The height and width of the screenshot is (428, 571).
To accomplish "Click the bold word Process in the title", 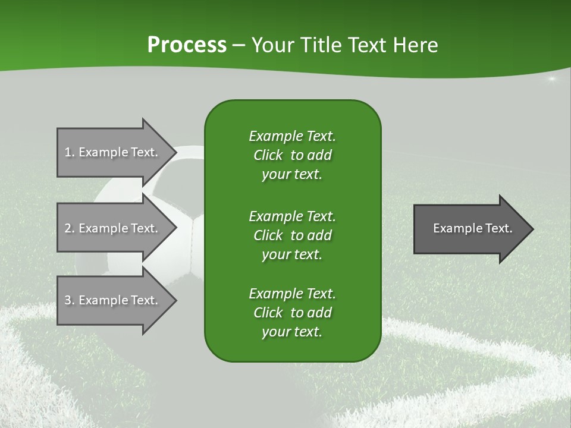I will [x=186, y=45].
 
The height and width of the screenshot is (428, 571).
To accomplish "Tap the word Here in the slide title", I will [x=416, y=45].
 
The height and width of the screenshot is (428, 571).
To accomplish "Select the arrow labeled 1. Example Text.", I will [x=113, y=152].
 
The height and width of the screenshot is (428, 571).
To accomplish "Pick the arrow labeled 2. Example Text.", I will [x=113, y=228].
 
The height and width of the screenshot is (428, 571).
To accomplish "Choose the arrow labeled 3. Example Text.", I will [x=113, y=300].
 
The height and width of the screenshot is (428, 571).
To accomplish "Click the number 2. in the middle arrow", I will [x=69, y=228].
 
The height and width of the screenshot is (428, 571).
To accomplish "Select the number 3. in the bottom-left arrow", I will [x=69, y=300].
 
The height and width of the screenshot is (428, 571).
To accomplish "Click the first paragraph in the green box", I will [x=292, y=155].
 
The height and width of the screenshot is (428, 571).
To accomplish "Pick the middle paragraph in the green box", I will [x=292, y=235].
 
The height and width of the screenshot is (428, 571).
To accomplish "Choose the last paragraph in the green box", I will [x=292, y=313].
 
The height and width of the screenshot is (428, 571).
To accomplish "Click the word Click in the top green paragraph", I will [x=268, y=155].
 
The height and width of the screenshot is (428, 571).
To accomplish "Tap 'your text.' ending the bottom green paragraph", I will [x=292, y=332].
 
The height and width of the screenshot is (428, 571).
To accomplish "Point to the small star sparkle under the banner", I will [x=551, y=79].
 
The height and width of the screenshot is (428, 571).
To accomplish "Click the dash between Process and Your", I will [x=239, y=46].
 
